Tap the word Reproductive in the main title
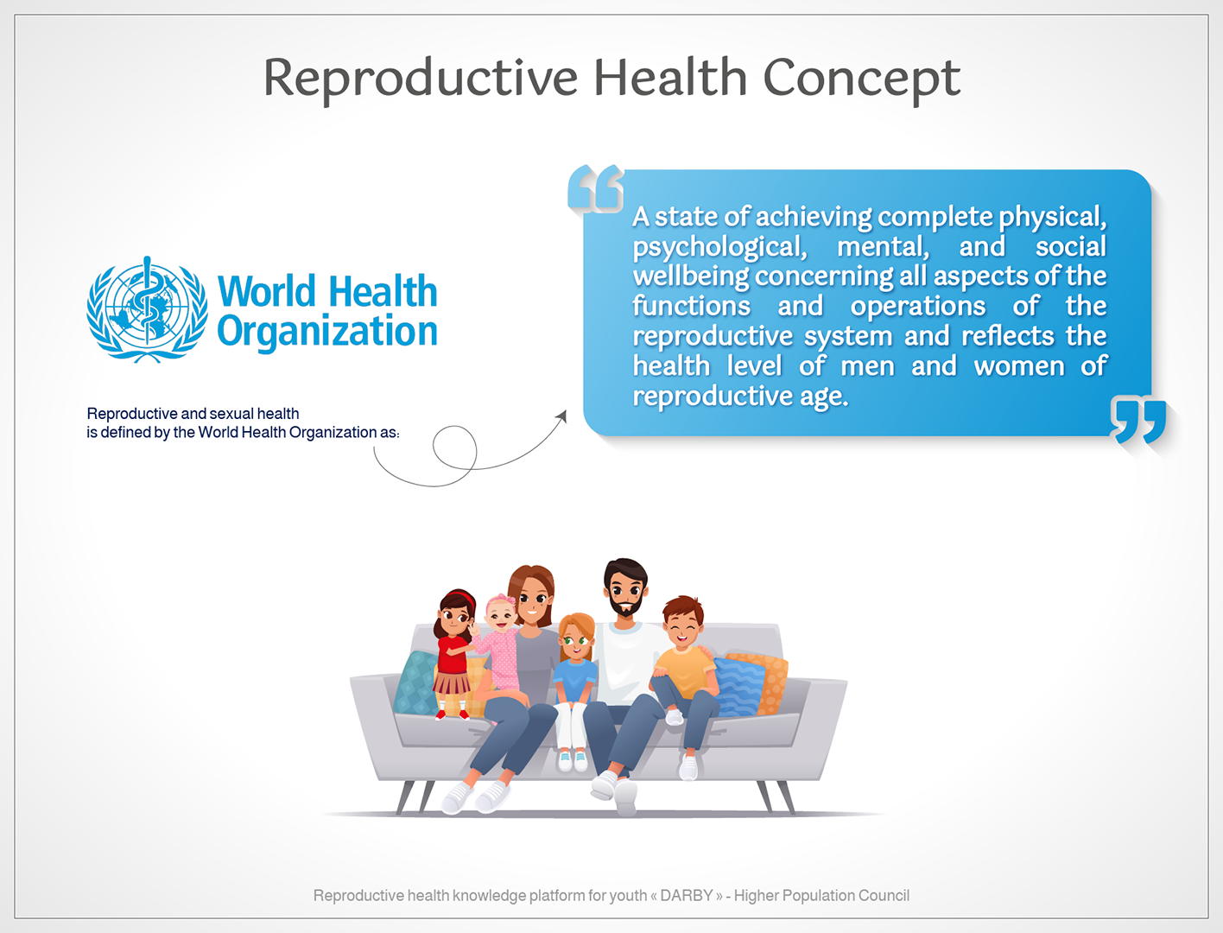[420, 79]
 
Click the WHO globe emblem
[147, 309]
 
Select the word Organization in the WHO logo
[326, 333]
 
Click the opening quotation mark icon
[595, 188]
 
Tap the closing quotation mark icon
[1137, 420]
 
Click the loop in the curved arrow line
[454, 447]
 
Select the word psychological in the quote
[719, 247]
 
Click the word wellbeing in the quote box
[691, 276]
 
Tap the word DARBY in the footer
[686, 896]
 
